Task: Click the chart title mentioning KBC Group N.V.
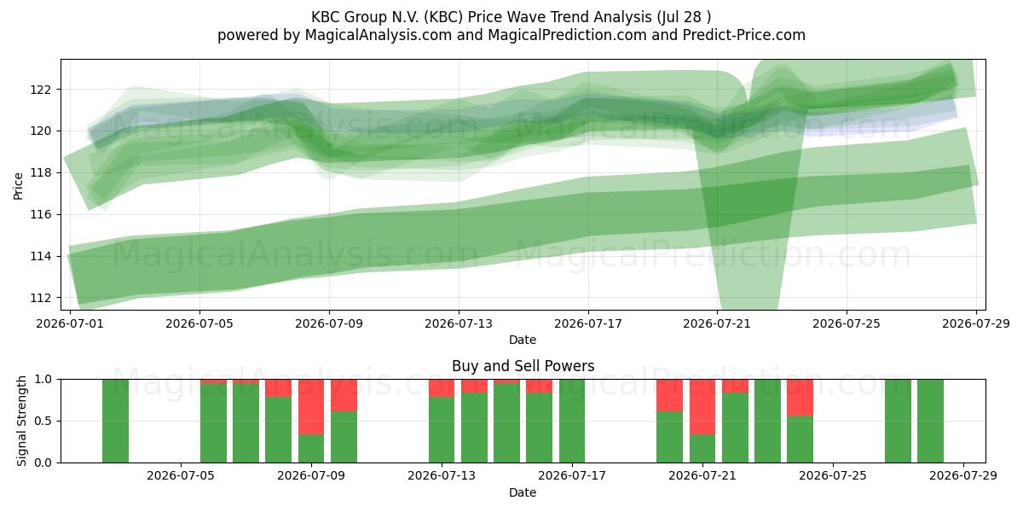[x=511, y=17]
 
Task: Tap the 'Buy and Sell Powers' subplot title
[x=523, y=366]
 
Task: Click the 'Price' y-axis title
[x=18, y=186]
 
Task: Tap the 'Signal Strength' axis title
[x=21, y=421]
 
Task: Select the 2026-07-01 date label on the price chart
[x=70, y=323]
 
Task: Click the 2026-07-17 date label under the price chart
[x=588, y=323]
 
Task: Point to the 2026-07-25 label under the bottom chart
[x=833, y=476]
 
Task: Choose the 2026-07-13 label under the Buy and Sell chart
[x=442, y=476]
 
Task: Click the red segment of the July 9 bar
[x=311, y=407]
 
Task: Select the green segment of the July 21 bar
[x=702, y=449]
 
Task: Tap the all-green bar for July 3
[x=115, y=421]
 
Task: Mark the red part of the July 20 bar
[x=669, y=395]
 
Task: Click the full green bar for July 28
[x=930, y=421]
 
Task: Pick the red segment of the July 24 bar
[x=800, y=398]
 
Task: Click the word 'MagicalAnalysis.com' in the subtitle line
[x=379, y=35]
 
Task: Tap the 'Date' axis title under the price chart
[x=523, y=340]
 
